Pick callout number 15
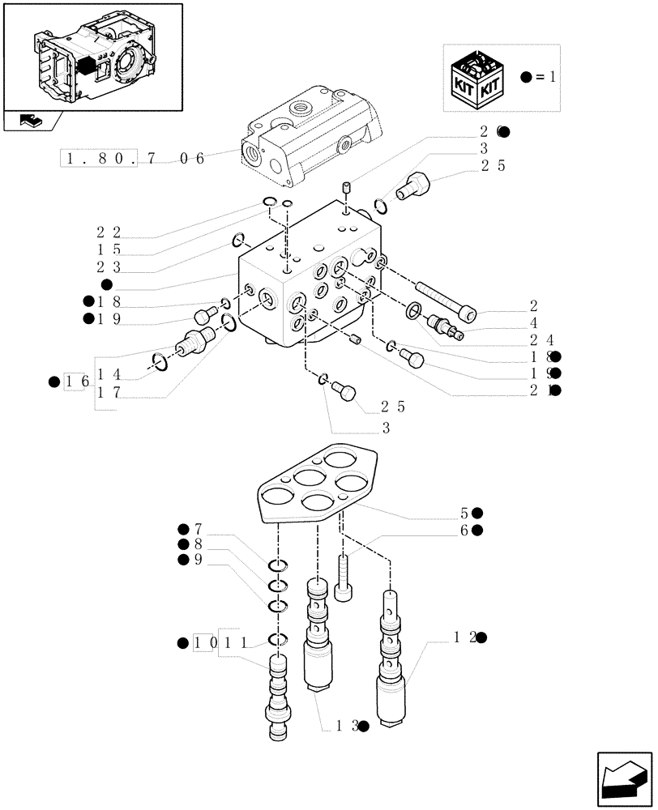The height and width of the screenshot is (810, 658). [109, 250]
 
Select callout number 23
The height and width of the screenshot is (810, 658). [109, 267]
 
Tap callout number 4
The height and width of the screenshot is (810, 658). [532, 322]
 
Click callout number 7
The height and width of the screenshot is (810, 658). [197, 530]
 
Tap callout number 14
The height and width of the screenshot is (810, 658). [109, 374]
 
